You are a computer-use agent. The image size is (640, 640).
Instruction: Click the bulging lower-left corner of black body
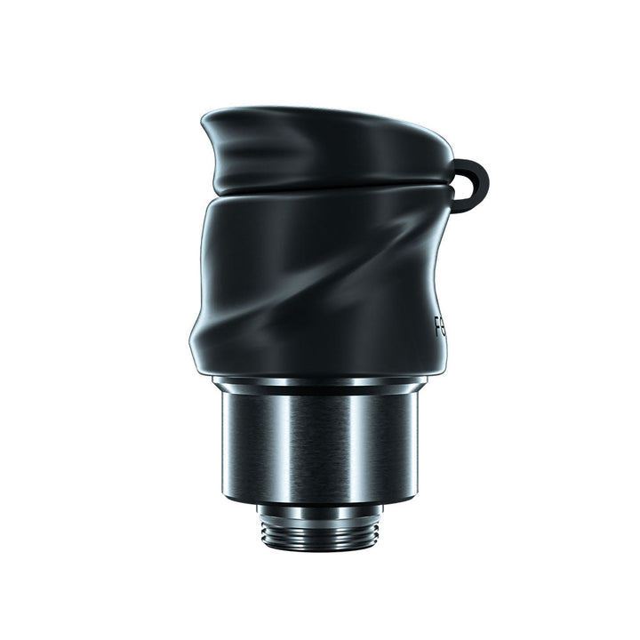(200, 342)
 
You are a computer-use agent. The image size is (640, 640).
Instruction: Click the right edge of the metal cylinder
(413, 444)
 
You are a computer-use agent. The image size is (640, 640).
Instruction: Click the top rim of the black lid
(320, 114)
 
